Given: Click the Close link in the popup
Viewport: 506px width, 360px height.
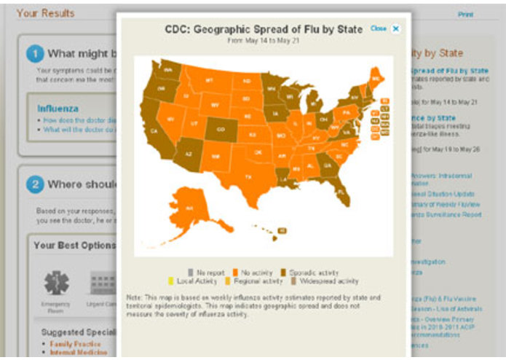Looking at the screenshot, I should pos(378,28).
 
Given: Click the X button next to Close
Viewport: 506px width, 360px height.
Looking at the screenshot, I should pos(396,28).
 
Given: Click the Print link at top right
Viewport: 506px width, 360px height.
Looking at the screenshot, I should pos(465,14).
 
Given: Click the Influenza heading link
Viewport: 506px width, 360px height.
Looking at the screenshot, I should pos(58,109).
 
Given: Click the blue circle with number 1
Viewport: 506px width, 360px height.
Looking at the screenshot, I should pos(35,53).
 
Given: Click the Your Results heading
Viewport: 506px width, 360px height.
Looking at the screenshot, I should pos(45,12).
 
